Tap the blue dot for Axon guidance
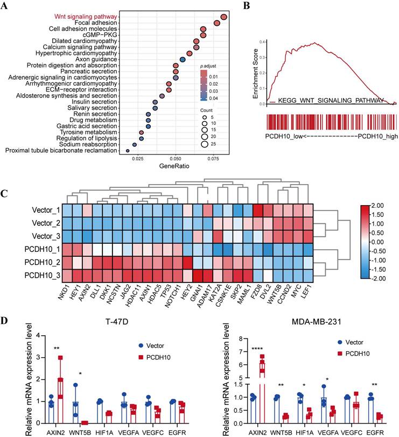coord(183,59)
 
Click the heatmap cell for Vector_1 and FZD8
coord(258,211)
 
